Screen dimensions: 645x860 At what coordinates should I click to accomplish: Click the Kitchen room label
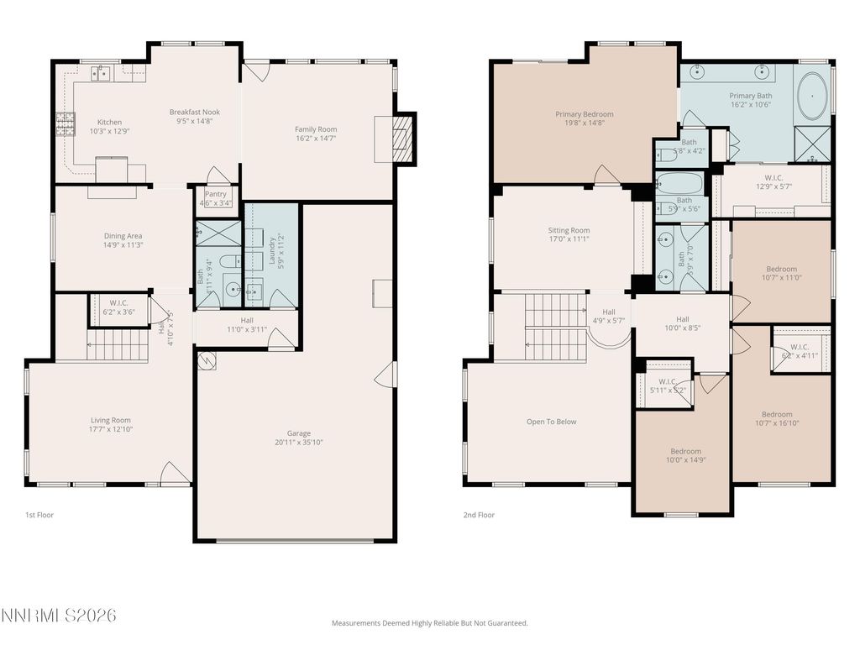coord(109,122)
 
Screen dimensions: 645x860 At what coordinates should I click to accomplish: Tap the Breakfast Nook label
coord(195,112)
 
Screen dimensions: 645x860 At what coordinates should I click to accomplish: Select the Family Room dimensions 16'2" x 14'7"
coord(316,139)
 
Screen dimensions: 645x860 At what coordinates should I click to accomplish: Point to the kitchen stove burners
coord(66,124)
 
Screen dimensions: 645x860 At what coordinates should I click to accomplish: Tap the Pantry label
coord(216,194)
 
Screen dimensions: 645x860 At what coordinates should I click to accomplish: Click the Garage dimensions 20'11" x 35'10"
coord(300,442)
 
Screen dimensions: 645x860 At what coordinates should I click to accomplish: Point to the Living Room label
coord(111,420)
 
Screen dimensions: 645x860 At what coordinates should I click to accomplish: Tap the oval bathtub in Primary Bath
coord(810,97)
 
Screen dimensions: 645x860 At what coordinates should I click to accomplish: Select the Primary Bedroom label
coord(584,114)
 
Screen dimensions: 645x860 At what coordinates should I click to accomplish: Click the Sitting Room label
coord(569,230)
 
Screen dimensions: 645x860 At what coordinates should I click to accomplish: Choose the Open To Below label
coord(551,422)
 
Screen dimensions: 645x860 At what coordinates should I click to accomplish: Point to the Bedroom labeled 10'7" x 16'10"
coord(776,414)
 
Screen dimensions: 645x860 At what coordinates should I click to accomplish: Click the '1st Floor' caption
coord(39,515)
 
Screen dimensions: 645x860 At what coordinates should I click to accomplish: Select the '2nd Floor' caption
coord(479,515)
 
